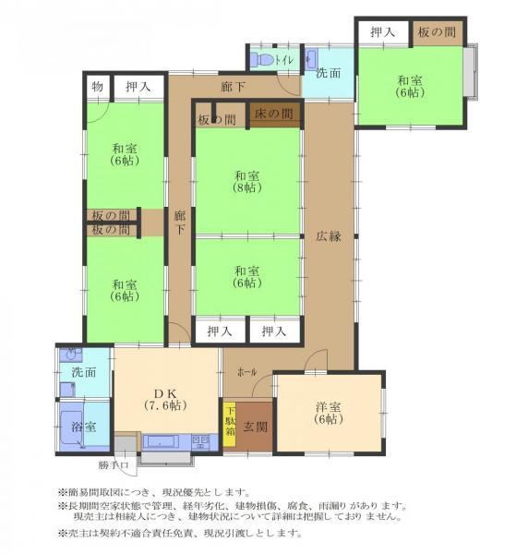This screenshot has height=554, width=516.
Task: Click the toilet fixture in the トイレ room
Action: [262, 59]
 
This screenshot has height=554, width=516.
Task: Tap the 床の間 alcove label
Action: [274, 114]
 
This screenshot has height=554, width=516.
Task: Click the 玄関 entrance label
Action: [256, 427]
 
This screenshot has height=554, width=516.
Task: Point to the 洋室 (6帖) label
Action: [329, 413]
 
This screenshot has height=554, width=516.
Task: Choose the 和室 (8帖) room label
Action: [247, 181]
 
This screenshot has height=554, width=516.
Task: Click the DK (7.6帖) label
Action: [165, 399]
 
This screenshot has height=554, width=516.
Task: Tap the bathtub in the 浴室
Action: [72, 427]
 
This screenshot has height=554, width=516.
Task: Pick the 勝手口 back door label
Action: [114, 465]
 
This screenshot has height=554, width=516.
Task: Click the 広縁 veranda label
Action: [329, 236]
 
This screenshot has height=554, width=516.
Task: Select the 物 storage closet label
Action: [98, 86]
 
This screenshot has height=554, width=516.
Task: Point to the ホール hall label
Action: [246, 372]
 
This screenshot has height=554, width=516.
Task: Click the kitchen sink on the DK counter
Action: [161, 441]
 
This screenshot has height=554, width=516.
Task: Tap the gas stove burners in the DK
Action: [200, 441]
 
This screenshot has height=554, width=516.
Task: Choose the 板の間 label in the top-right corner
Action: [437, 32]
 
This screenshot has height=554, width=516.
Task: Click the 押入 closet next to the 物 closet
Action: [138, 87]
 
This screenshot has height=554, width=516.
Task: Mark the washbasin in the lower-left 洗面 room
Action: [71, 355]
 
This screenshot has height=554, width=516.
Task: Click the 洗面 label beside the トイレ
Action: [328, 73]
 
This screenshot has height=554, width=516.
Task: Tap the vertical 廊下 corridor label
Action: [180, 223]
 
